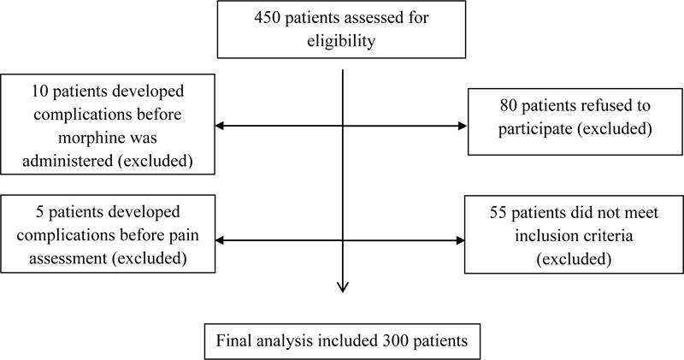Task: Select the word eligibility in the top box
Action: (341, 41)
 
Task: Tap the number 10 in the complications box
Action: (38, 91)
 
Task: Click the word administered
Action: (68, 161)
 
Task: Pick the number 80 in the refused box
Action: (508, 105)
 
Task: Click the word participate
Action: (535, 129)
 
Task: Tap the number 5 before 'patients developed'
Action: (40, 212)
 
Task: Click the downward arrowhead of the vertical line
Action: (343, 287)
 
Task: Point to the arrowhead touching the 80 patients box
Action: (463, 126)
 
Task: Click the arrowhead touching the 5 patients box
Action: (221, 240)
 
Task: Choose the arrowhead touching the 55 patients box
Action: (460, 240)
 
